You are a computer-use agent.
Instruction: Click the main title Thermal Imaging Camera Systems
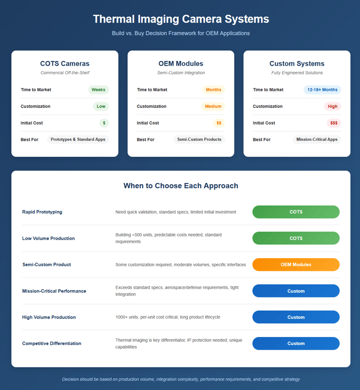pos(181,19)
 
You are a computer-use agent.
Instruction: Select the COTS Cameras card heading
pos(65,63)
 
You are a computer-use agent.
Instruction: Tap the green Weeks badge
pos(98,90)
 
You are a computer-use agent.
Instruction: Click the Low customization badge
pos(101,106)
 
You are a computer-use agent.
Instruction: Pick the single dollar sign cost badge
pos(104,123)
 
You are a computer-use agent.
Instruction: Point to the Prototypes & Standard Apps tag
pos(78,139)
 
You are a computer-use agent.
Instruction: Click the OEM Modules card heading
pos(181,63)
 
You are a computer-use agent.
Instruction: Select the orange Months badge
pos(214,90)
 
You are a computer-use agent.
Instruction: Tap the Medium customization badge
pos(213,106)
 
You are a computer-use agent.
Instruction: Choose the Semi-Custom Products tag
pos(199,139)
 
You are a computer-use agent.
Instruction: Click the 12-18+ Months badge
pos(322,90)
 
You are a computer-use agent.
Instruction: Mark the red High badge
pos(332,106)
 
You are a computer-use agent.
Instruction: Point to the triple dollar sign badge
pos(334,123)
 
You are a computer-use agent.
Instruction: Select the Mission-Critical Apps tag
pos(317,139)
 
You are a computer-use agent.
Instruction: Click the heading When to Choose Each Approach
pos(181,186)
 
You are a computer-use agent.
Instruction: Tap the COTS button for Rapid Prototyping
pos(296,212)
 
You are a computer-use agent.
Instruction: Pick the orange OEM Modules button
pos(296,264)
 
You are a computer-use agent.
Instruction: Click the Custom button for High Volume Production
pos(296,317)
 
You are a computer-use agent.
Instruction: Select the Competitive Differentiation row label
pos(52,344)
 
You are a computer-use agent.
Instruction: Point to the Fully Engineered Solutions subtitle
pos(297,73)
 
